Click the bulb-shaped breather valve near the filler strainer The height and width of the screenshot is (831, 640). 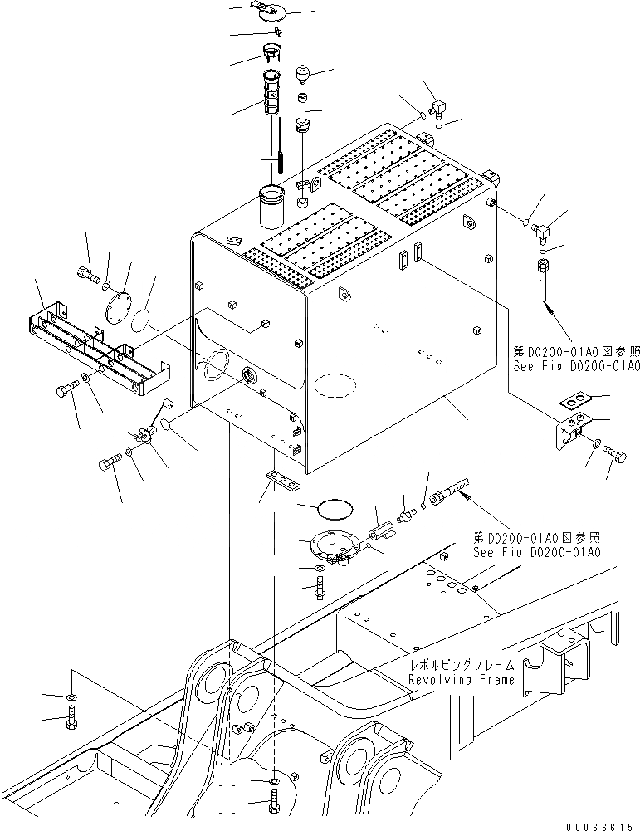coord(303,76)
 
